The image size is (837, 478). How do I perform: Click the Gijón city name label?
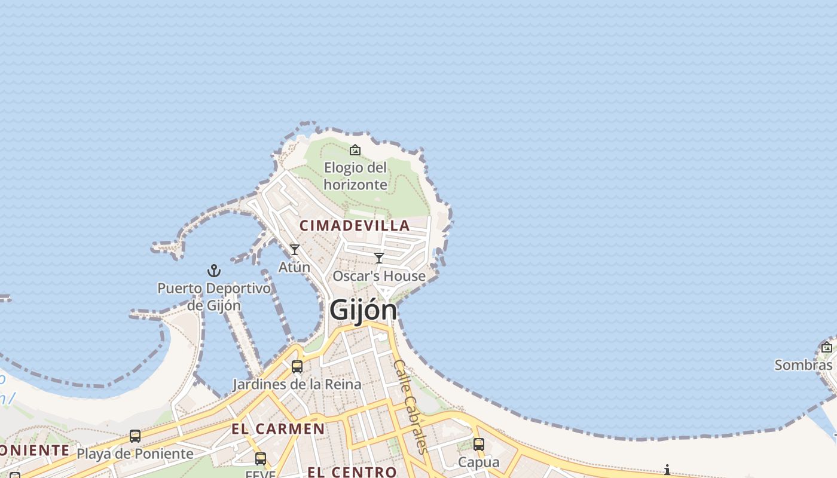(x=363, y=310)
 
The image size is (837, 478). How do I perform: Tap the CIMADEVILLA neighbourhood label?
(x=355, y=226)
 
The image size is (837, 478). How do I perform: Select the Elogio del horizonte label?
(x=355, y=176)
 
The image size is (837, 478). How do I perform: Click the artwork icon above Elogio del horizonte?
(x=355, y=150)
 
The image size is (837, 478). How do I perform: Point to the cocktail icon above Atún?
(x=294, y=249)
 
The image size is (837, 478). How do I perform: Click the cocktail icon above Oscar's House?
(x=378, y=258)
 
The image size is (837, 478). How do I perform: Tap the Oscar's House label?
(x=379, y=276)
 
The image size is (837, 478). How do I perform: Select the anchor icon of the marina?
(x=213, y=271)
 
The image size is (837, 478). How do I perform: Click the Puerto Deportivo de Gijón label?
(x=214, y=296)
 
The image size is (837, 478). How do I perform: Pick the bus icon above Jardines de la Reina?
(x=297, y=367)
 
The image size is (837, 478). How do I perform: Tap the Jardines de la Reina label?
(x=297, y=384)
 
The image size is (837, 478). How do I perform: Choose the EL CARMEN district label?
(x=278, y=428)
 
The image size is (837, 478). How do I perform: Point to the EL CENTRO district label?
(x=352, y=472)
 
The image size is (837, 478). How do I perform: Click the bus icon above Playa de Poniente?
(x=135, y=436)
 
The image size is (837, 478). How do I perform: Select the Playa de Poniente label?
(x=135, y=454)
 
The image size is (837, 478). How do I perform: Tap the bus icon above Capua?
(x=478, y=445)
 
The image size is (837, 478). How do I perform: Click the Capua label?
(x=478, y=462)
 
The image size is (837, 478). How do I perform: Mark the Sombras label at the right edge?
(x=804, y=364)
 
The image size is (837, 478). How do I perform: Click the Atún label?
(x=294, y=266)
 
